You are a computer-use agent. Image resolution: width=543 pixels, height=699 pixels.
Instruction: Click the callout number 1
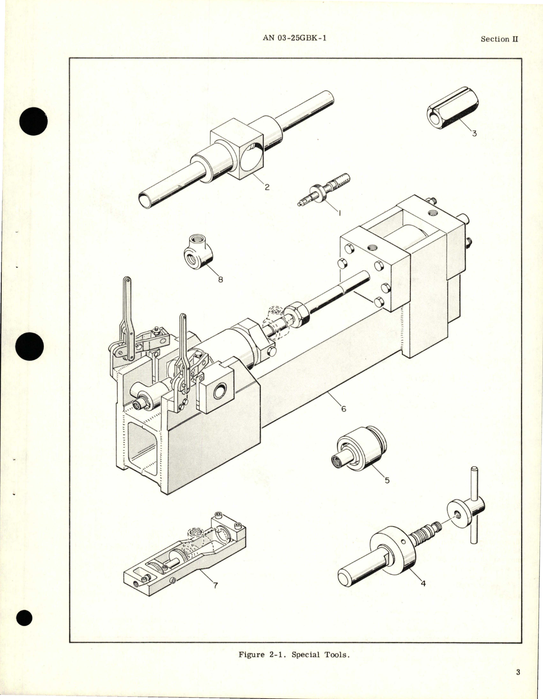pyautogui.click(x=339, y=212)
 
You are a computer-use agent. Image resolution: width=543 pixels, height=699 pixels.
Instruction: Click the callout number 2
pyautogui.click(x=267, y=187)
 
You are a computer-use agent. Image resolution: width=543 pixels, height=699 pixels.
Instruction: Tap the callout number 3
pyautogui.click(x=474, y=133)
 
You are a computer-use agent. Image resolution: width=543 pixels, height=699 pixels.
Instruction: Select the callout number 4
pyautogui.click(x=423, y=583)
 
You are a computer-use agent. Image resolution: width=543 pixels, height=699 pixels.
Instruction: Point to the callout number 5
pyautogui.click(x=387, y=480)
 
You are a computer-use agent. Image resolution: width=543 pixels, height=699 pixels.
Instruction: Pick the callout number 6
pyautogui.click(x=344, y=409)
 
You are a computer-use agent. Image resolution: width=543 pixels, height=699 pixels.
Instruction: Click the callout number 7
pyautogui.click(x=216, y=586)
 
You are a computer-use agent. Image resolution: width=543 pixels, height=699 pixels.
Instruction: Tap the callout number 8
pyautogui.click(x=221, y=280)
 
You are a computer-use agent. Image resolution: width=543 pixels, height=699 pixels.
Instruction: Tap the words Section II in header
pyautogui.click(x=499, y=39)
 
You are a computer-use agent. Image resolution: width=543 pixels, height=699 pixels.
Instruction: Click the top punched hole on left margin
pyautogui.click(x=33, y=121)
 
